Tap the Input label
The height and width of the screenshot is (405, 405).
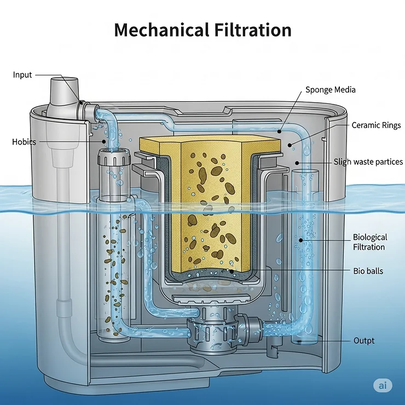(x=22, y=75)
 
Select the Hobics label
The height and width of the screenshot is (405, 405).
(x=24, y=142)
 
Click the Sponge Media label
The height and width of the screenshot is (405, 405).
(x=331, y=90)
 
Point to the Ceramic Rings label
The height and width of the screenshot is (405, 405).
(x=376, y=125)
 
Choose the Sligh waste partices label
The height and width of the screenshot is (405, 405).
(x=367, y=162)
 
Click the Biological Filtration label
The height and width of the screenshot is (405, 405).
(x=369, y=242)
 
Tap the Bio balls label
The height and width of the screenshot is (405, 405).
(x=368, y=271)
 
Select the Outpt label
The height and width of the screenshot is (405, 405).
(x=364, y=341)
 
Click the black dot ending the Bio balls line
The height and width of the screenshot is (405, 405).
(x=231, y=271)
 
